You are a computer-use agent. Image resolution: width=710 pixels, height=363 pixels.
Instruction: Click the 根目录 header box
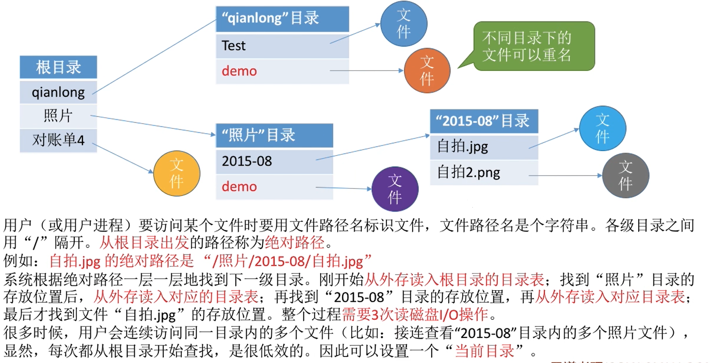click(58, 67)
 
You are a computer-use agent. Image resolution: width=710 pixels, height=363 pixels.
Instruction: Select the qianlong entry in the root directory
click(58, 92)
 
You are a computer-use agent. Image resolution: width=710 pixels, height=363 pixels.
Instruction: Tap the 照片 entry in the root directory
click(58, 116)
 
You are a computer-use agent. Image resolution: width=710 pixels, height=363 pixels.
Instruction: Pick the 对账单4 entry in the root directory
click(58, 140)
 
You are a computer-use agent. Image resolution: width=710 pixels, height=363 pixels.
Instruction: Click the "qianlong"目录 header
click(282, 19)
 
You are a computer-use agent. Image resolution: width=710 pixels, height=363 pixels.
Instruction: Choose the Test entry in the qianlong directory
click(282, 46)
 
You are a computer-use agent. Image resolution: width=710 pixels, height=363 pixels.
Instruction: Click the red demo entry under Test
click(282, 71)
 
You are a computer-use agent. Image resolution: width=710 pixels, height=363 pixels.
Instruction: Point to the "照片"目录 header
click(274, 136)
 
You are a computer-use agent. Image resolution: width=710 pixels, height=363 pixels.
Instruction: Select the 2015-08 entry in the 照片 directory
click(274, 161)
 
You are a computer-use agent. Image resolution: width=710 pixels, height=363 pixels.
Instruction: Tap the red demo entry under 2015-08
click(274, 187)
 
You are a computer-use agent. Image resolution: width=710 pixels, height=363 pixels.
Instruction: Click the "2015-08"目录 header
click(484, 121)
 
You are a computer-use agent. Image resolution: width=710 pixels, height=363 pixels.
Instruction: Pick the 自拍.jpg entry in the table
click(484, 147)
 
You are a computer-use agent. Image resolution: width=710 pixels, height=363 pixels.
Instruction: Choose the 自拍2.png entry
click(484, 173)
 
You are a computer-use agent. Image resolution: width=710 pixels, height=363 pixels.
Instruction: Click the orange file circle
click(427, 71)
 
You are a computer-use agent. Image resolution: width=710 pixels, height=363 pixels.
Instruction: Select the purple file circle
click(395, 189)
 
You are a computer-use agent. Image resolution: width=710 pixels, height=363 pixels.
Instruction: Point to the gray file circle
click(625, 175)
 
